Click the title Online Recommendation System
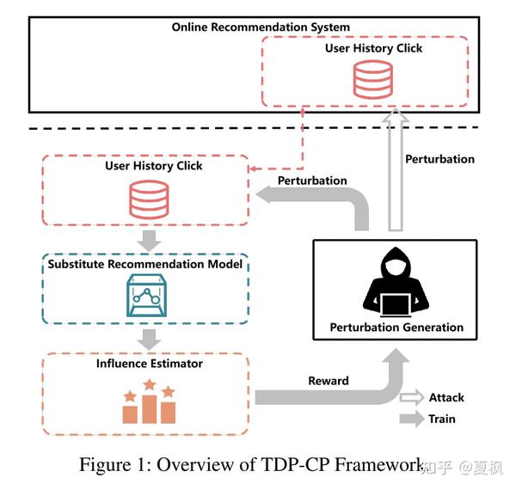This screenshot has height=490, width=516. [x=261, y=28]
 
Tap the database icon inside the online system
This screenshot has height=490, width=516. [x=373, y=79]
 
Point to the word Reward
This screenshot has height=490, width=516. [x=329, y=381]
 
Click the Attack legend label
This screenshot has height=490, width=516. [x=445, y=397]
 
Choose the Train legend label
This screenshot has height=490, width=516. [x=442, y=420]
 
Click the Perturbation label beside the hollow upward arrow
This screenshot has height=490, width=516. [x=439, y=159]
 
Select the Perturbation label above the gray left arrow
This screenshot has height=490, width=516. [x=312, y=181]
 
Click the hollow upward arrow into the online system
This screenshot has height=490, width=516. [x=395, y=172]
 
